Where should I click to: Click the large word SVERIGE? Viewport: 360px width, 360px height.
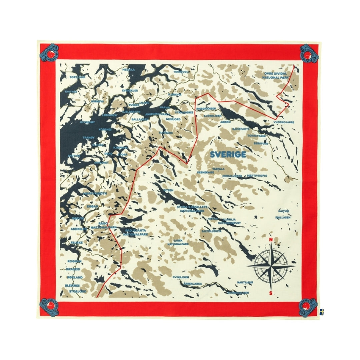coord(228,155)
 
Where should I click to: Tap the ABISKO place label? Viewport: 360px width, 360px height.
coord(225,122)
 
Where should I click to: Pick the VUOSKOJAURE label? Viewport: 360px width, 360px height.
coord(284,122)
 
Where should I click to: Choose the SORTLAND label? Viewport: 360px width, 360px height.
coord(78,77)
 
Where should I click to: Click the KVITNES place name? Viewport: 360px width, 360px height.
coord(71,91)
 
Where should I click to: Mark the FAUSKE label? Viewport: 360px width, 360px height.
coord(77,242)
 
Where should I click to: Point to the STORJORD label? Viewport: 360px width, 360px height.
coord(78,291)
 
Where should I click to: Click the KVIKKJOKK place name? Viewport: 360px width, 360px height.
coord(181,277)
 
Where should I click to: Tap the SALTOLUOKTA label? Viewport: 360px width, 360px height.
coord(211,231)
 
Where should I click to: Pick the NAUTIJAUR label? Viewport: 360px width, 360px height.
coord(245,282)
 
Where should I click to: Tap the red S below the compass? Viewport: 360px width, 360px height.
coord(271,293)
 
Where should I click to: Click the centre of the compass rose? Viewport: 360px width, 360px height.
coord(271,266)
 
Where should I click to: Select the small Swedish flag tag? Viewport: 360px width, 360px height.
coord(322,312)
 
